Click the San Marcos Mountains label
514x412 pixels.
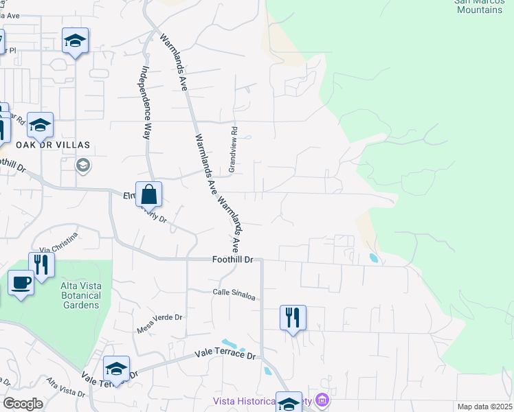(x=479, y=5)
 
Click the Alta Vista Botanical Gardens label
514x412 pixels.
(x=76, y=295)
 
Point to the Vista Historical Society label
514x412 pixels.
(x=261, y=401)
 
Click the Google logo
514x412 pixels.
(x=23, y=404)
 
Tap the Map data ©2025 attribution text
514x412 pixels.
(x=484, y=407)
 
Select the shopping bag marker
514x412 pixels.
(x=148, y=196)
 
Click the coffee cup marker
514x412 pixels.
(x=21, y=282)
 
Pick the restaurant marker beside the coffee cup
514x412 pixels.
(x=41, y=264)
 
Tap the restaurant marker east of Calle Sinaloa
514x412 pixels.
(x=293, y=317)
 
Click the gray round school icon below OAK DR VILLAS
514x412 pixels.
(x=83, y=165)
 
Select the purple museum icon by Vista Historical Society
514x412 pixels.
(x=322, y=400)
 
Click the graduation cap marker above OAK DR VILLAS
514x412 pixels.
(x=41, y=126)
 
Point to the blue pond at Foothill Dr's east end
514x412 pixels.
(x=373, y=258)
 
